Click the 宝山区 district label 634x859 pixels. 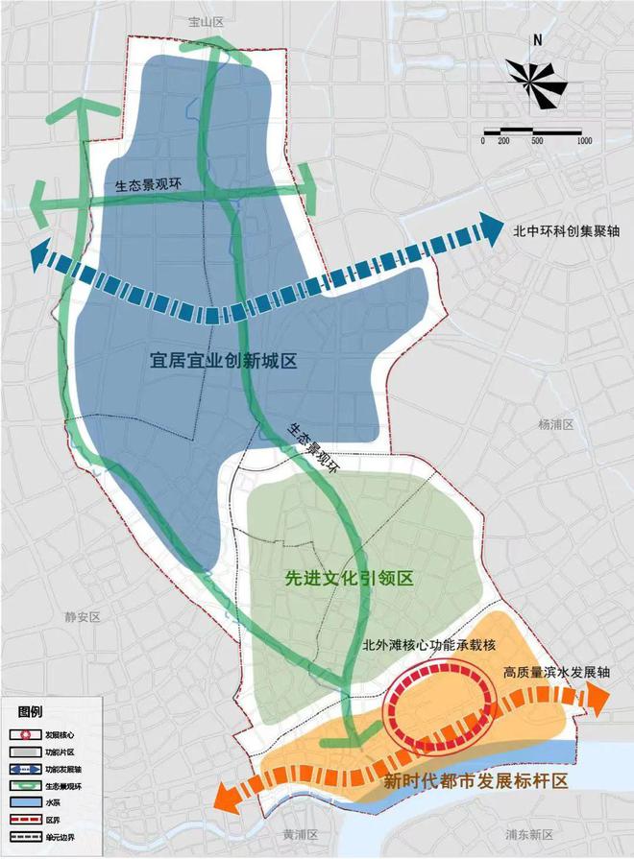click(x=207, y=21)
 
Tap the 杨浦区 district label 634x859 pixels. click(x=556, y=423)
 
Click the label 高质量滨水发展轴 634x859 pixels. click(x=556, y=672)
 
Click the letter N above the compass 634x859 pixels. click(x=539, y=40)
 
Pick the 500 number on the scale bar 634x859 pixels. click(x=537, y=141)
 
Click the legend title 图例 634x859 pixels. click(x=31, y=712)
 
